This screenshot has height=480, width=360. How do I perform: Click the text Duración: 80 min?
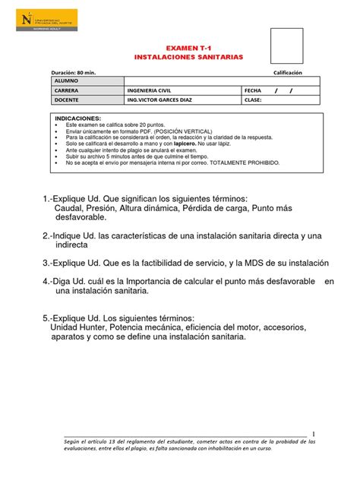(74, 72)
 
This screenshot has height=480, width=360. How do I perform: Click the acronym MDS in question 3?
(254, 263)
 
